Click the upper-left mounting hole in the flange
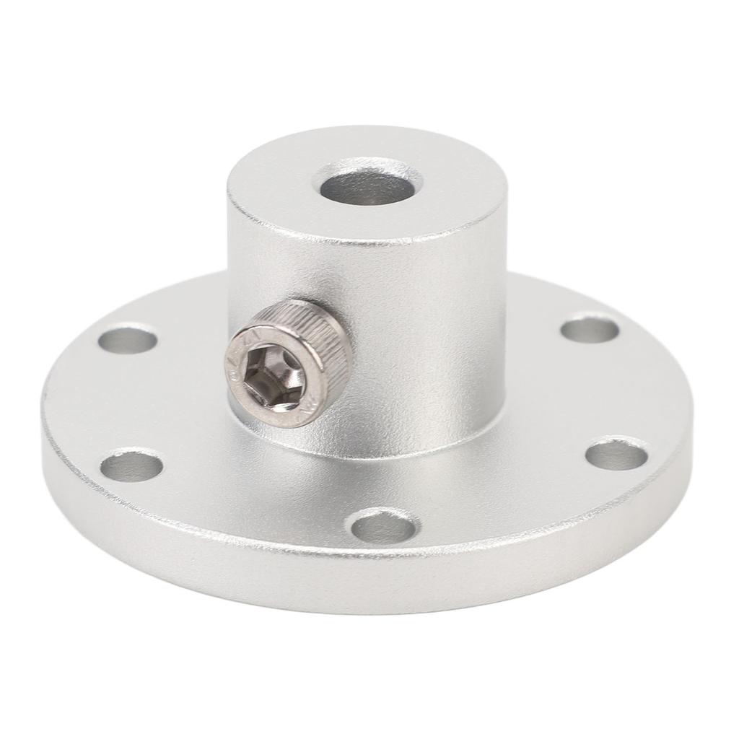128,338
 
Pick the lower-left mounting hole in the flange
131,466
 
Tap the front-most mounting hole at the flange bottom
384,526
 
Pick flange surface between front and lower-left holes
253,505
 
